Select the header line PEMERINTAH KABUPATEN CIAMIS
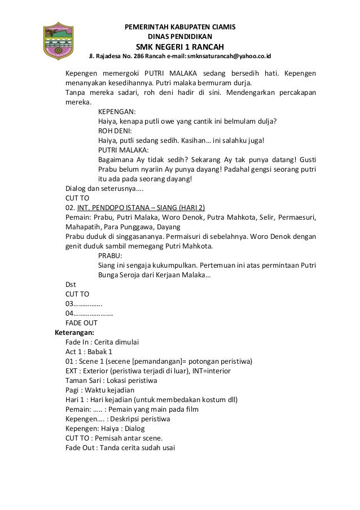tap(180, 27)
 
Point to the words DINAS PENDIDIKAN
tap(180, 36)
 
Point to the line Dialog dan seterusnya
tap(103, 189)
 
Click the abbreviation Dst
tap(71, 284)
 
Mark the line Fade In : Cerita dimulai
tap(102, 342)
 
